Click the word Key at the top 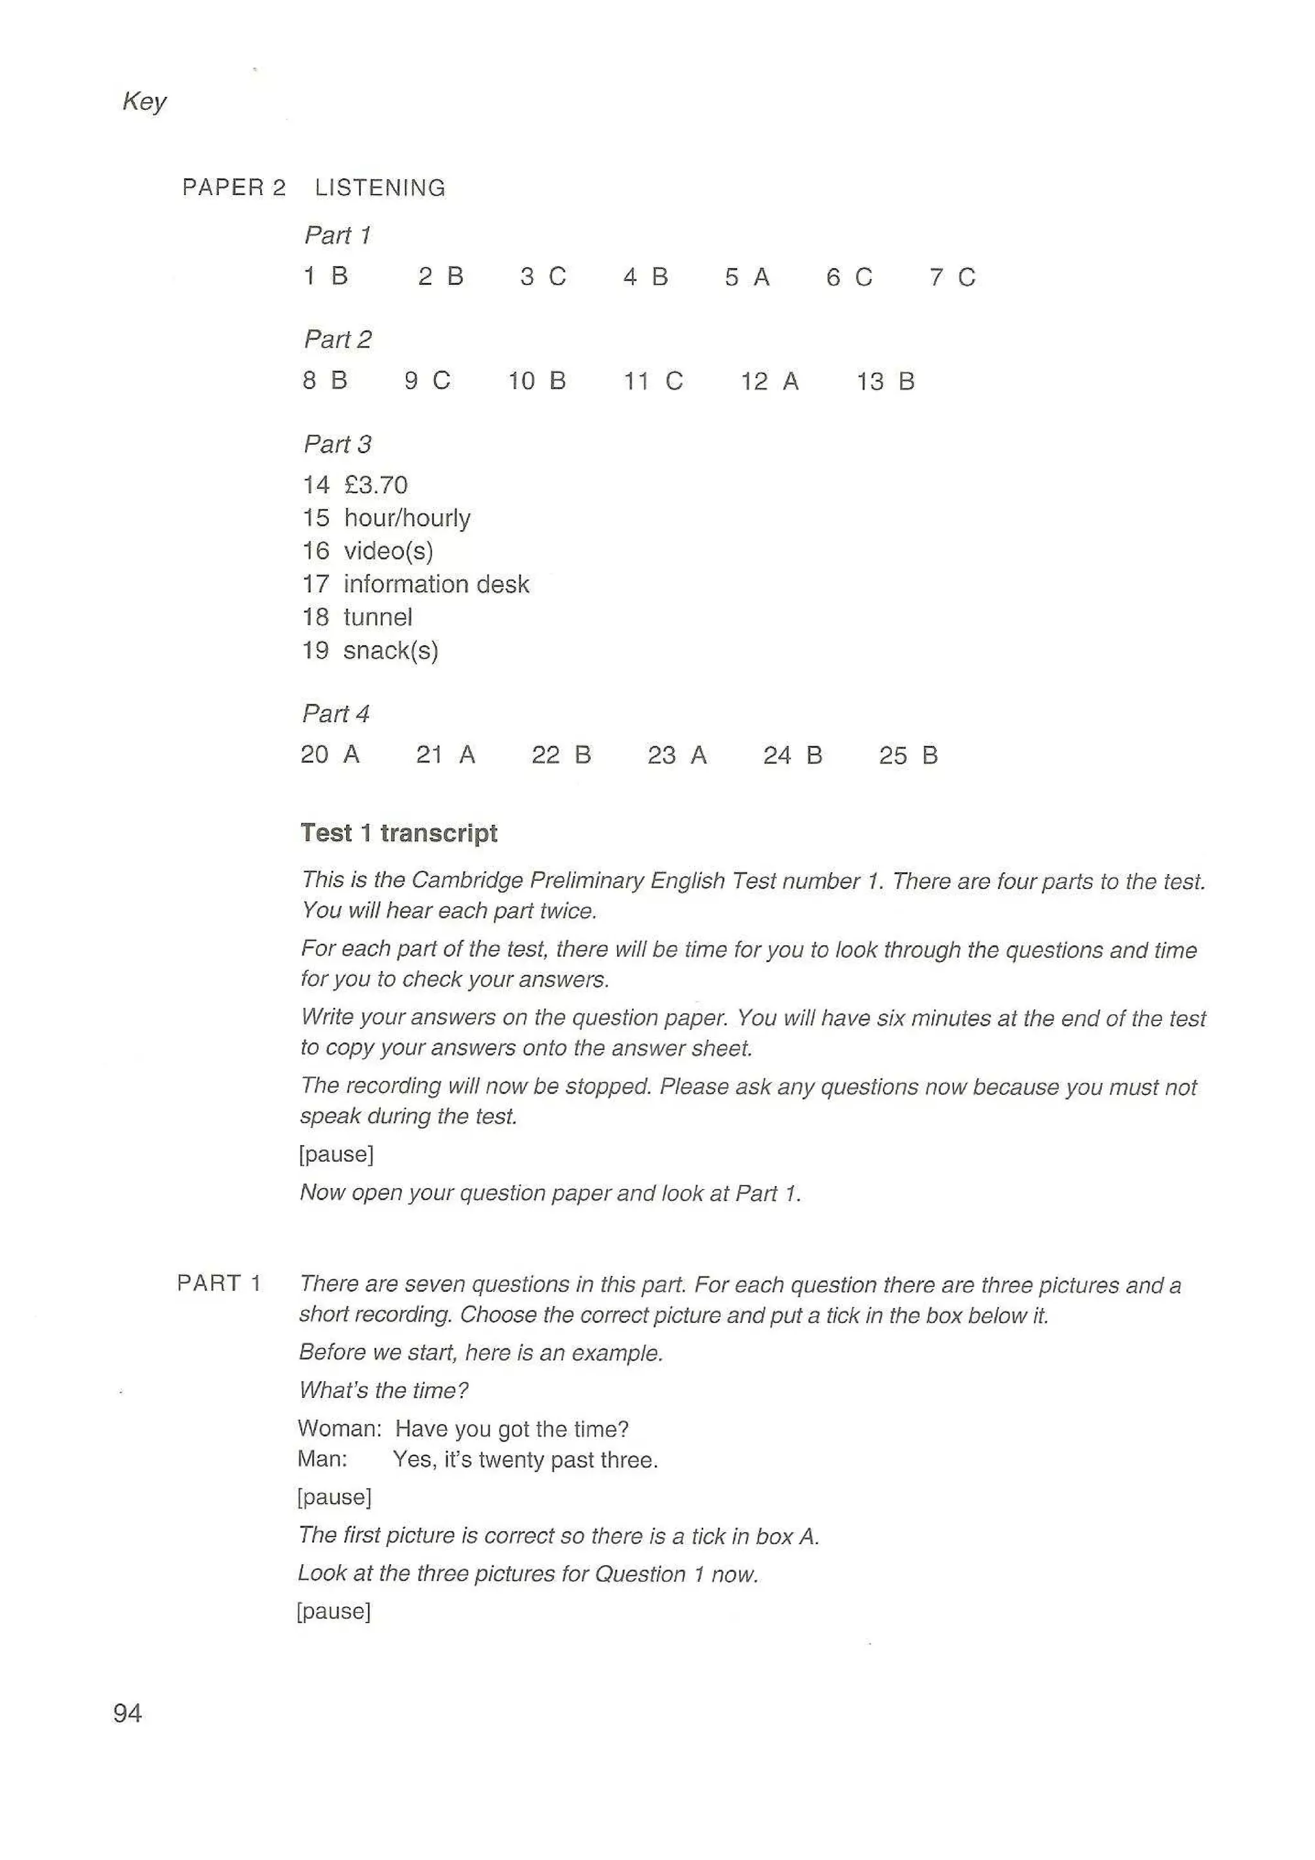point(144,101)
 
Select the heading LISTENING point(380,188)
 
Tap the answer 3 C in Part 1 point(543,277)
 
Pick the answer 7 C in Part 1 point(952,278)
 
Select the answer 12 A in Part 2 point(769,381)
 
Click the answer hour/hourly point(406,519)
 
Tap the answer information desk point(436,584)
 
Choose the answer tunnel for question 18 point(378,617)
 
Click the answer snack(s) point(390,651)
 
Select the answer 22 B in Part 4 point(561,755)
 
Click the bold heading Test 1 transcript point(399,833)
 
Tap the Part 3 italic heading point(337,444)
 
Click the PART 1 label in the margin point(219,1283)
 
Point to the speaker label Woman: point(338,1428)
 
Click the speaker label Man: point(322,1459)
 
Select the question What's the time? point(383,1391)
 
